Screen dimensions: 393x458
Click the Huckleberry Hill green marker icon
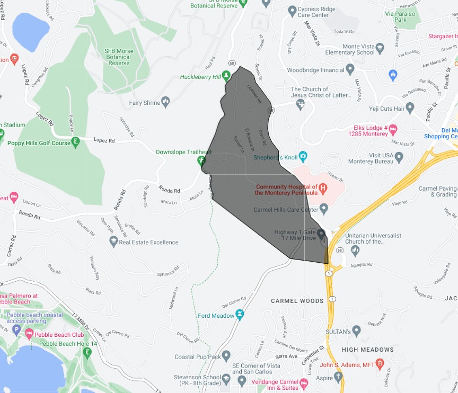point(226,76)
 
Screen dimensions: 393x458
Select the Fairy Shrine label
point(144,103)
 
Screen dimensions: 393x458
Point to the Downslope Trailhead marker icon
point(201,160)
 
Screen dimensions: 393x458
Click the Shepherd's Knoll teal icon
point(303,156)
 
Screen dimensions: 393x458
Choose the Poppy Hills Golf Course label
point(39,143)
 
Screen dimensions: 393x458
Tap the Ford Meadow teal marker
point(240,315)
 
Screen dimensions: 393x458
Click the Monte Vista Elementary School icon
point(380,49)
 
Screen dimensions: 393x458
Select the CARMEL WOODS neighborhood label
point(297,301)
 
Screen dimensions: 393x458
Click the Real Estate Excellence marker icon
point(113,242)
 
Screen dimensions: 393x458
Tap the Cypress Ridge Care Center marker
point(291,10)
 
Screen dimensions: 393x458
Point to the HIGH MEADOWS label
point(367,350)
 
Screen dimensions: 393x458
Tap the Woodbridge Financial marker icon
point(350,69)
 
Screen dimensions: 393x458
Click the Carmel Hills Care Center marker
point(324,210)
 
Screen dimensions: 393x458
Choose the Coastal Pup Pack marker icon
point(226,356)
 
